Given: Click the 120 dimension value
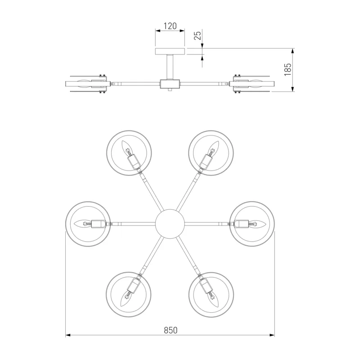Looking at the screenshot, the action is coord(170,26).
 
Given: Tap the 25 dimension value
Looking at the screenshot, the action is coord(198,35).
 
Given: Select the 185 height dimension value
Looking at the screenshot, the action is coord(288,70).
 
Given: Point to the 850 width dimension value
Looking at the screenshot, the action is coord(171,330).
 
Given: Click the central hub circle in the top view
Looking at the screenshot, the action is coord(170,224).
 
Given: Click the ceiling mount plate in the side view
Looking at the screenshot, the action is coord(170,51).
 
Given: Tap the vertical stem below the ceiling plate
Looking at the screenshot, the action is coord(170,67).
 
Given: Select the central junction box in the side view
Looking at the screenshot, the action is coord(170,84).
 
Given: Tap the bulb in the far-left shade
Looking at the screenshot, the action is coord(83,224).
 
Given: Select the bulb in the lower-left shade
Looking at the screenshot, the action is coord(126,298).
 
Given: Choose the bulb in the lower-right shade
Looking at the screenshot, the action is coord(213,298).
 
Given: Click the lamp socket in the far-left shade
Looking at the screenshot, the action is coord(99,224).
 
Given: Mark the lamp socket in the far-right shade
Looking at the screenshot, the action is coord(241,224).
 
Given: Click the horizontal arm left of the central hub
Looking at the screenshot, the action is coord(134,224).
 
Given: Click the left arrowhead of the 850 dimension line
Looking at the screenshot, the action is coord(68,335).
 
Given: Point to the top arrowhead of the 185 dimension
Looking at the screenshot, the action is coord(292,51).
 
